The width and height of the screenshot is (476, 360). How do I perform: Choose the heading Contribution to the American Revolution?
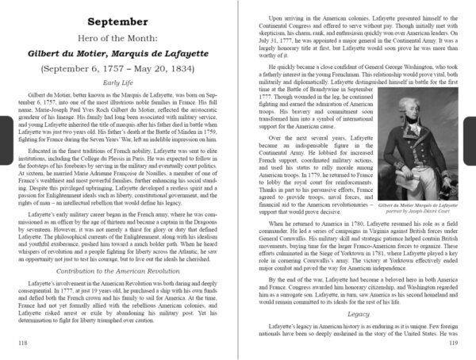tap(121, 271)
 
